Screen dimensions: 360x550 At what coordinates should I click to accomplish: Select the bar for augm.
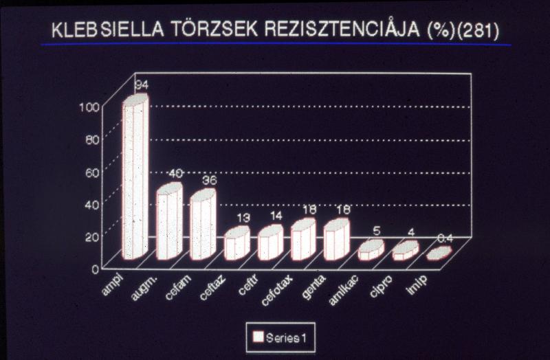tap(168, 223)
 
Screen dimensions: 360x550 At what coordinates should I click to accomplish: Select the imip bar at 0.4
tap(439, 254)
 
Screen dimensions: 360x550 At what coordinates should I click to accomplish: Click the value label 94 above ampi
tap(142, 85)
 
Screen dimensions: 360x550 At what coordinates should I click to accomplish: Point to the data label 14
tap(275, 216)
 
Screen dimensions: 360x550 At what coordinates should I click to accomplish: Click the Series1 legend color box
tap(258, 337)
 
